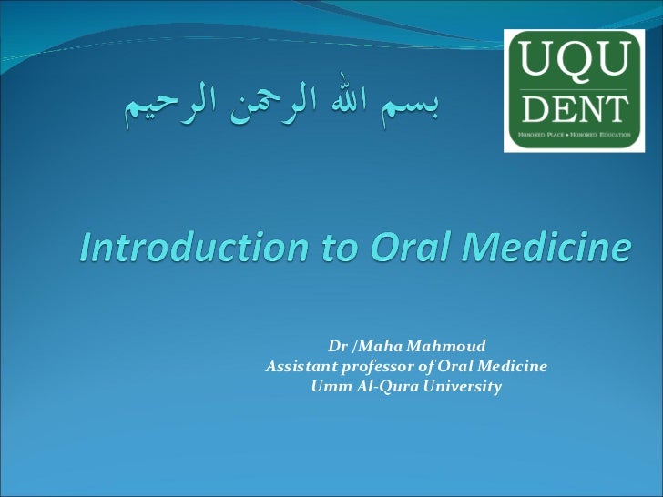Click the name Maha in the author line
(383, 346)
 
